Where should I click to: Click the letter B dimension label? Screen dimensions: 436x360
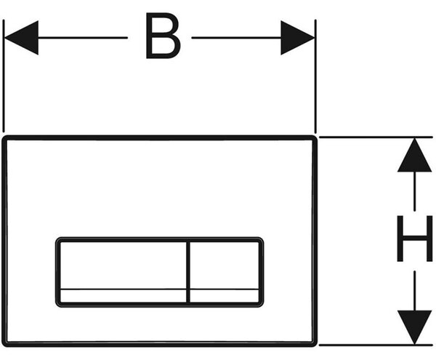pos(163,36)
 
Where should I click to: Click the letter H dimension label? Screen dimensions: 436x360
pos(415,239)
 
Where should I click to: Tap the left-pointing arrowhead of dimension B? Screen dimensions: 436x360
pos(21,38)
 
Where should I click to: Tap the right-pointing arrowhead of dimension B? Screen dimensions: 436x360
pos(297,38)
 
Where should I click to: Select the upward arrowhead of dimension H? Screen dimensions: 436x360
pos(415,155)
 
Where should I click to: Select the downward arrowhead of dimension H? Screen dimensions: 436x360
pos(415,327)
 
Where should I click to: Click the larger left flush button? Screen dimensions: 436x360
pos(124,265)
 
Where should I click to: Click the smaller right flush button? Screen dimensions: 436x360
pos(224,265)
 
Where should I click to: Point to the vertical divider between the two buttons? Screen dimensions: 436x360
pos(188,272)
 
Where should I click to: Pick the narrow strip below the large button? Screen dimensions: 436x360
pos(124,296)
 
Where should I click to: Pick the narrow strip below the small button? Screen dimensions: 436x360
pos(224,296)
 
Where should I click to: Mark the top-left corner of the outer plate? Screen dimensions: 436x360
pos(4,137)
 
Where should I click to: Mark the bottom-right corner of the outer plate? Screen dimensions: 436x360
pos(315,345)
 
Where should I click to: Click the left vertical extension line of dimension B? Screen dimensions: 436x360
pos(4,76)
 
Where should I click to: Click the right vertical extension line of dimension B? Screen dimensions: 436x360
pos(315,76)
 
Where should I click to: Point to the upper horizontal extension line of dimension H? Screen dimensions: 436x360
pos(376,137)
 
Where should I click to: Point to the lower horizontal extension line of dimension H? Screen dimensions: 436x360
pos(376,345)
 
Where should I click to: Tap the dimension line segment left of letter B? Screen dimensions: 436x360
pos(83,38)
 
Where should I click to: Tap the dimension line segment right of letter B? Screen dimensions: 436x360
pos(236,38)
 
